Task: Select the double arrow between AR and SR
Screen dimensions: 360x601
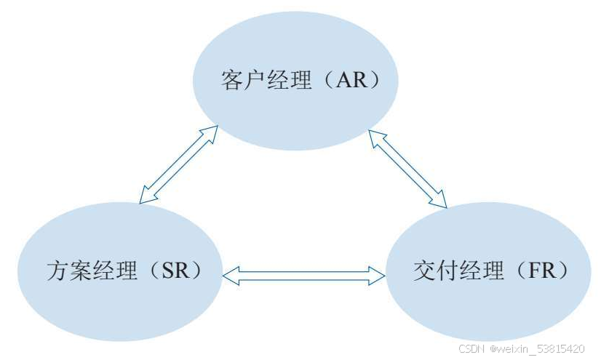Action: coord(178,163)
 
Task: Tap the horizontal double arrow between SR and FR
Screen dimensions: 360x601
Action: coord(304,275)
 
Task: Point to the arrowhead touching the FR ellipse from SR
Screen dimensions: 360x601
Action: coord(378,275)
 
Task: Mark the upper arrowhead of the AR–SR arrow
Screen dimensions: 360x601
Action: coord(210,132)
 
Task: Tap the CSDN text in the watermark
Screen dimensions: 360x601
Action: coord(473,350)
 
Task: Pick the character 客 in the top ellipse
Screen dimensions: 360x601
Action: coord(231,79)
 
